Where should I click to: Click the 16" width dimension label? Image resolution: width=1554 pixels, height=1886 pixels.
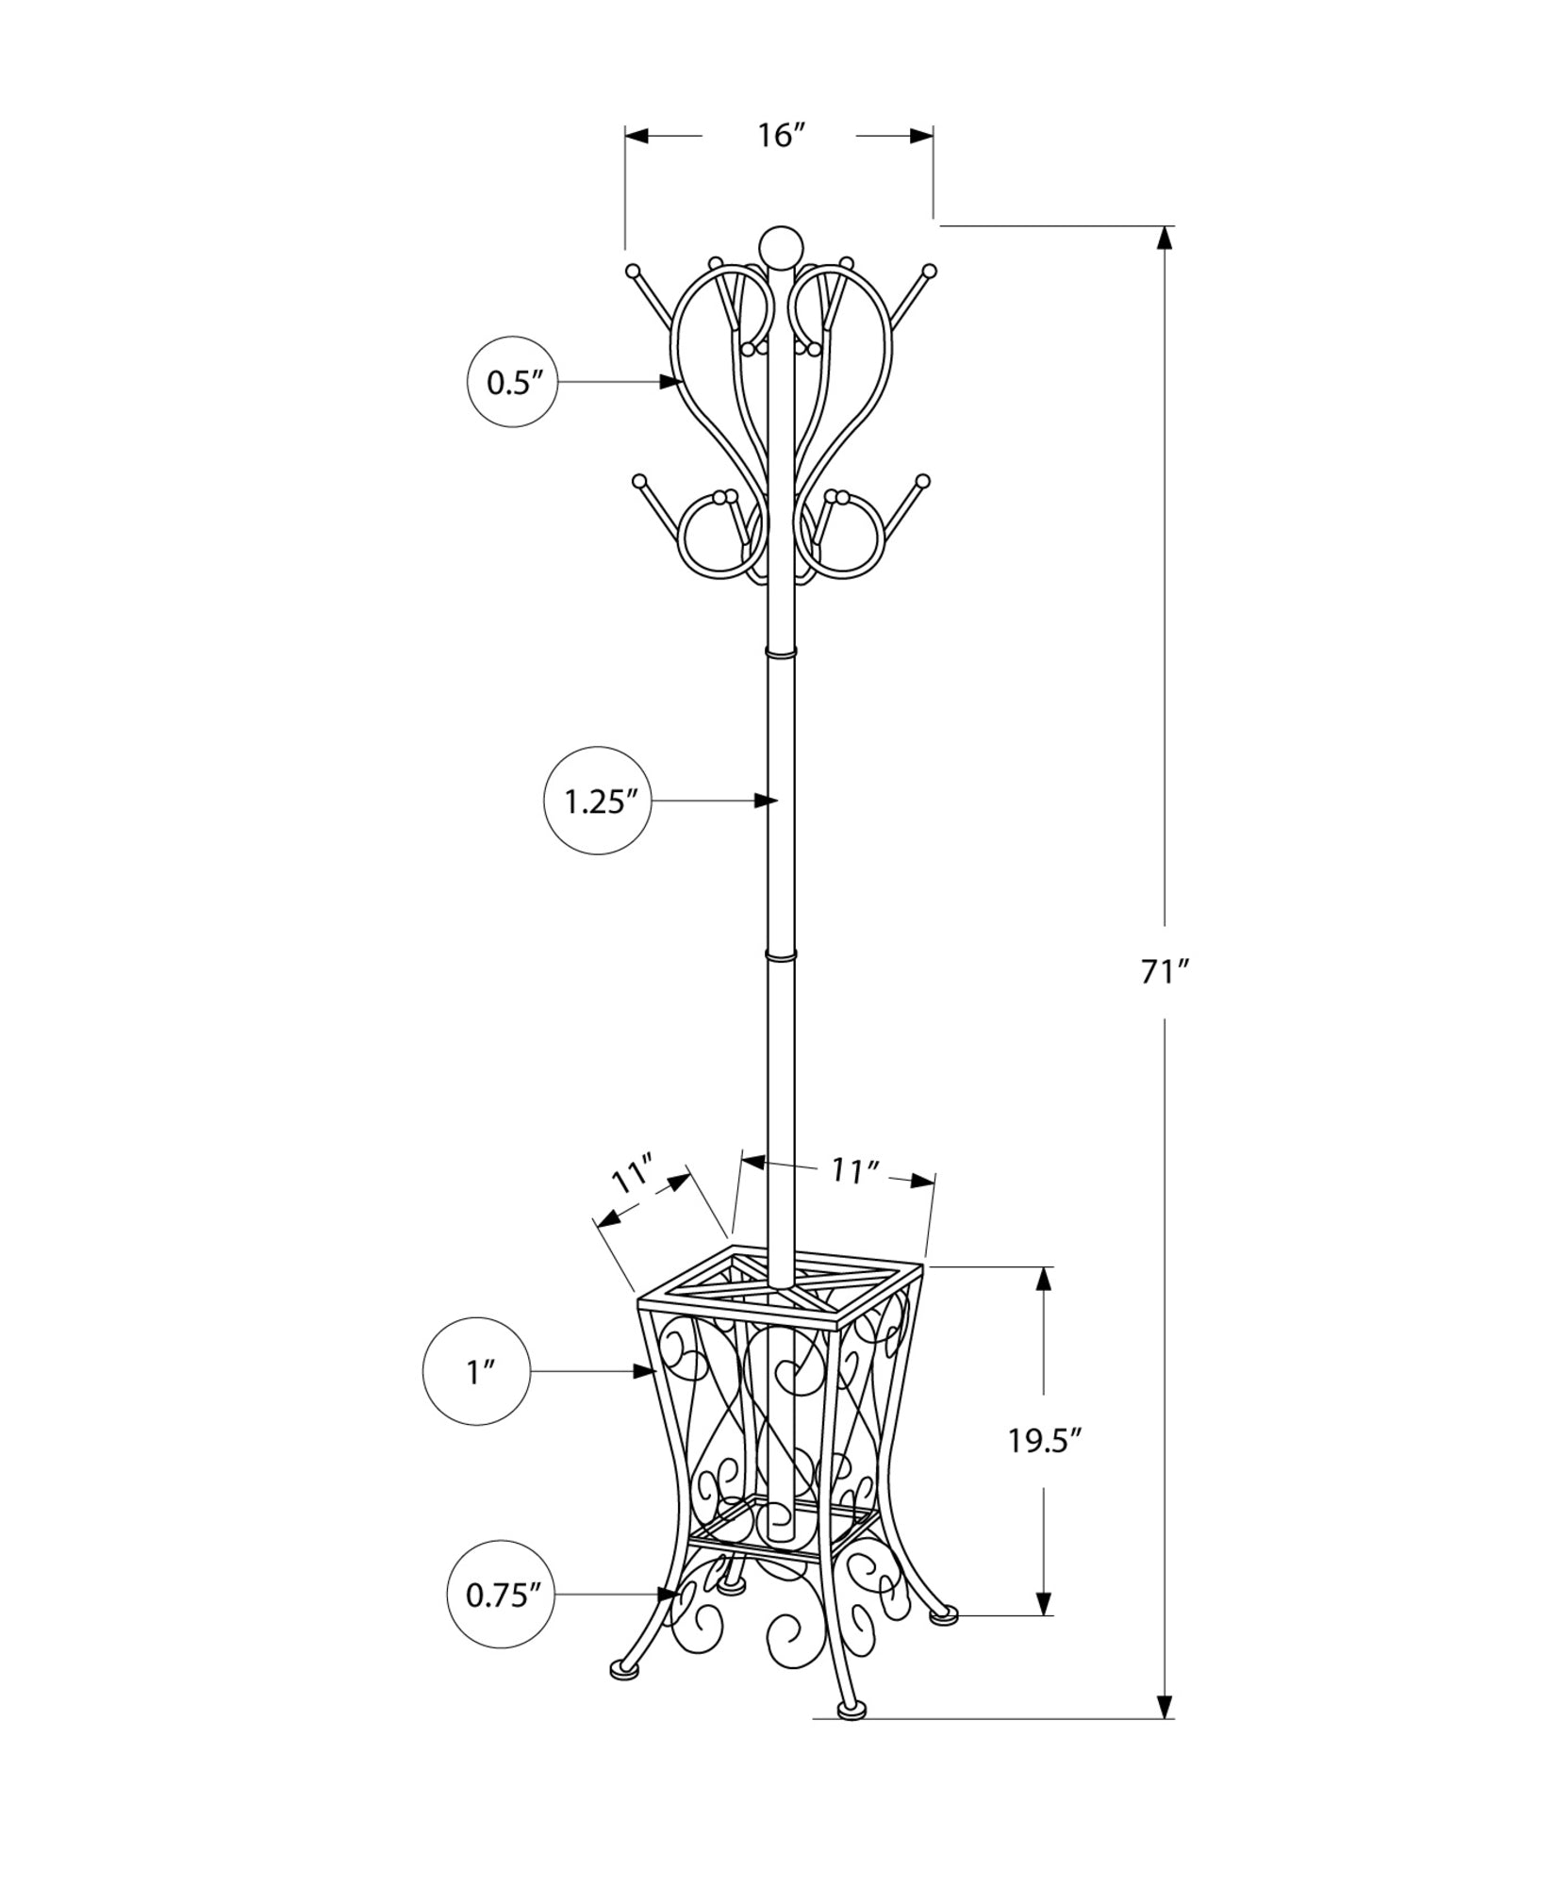(778, 136)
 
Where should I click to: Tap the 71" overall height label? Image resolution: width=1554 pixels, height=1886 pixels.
(1165, 972)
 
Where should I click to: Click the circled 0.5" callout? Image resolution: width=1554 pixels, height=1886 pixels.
(513, 382)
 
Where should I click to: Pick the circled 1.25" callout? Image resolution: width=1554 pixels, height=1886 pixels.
(597, 802)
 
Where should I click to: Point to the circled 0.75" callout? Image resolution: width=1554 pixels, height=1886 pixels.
(501, 1621)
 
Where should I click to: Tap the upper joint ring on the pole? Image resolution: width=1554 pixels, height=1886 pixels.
(781, 652)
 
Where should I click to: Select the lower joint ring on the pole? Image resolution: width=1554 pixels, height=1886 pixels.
(781, 956)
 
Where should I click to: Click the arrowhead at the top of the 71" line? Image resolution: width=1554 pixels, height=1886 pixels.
(1165, 238)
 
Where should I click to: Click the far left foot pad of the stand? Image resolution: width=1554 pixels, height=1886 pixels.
(623, 1696)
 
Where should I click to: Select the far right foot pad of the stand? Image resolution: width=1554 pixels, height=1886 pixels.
(943, 1642)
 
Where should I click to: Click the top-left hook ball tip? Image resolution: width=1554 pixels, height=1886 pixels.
(633, 271)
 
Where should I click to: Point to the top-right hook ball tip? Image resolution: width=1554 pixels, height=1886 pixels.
(930, 271)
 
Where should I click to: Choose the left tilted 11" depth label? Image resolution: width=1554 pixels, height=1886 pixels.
(632, 1176)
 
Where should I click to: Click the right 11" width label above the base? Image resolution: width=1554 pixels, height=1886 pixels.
(854, 1171)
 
